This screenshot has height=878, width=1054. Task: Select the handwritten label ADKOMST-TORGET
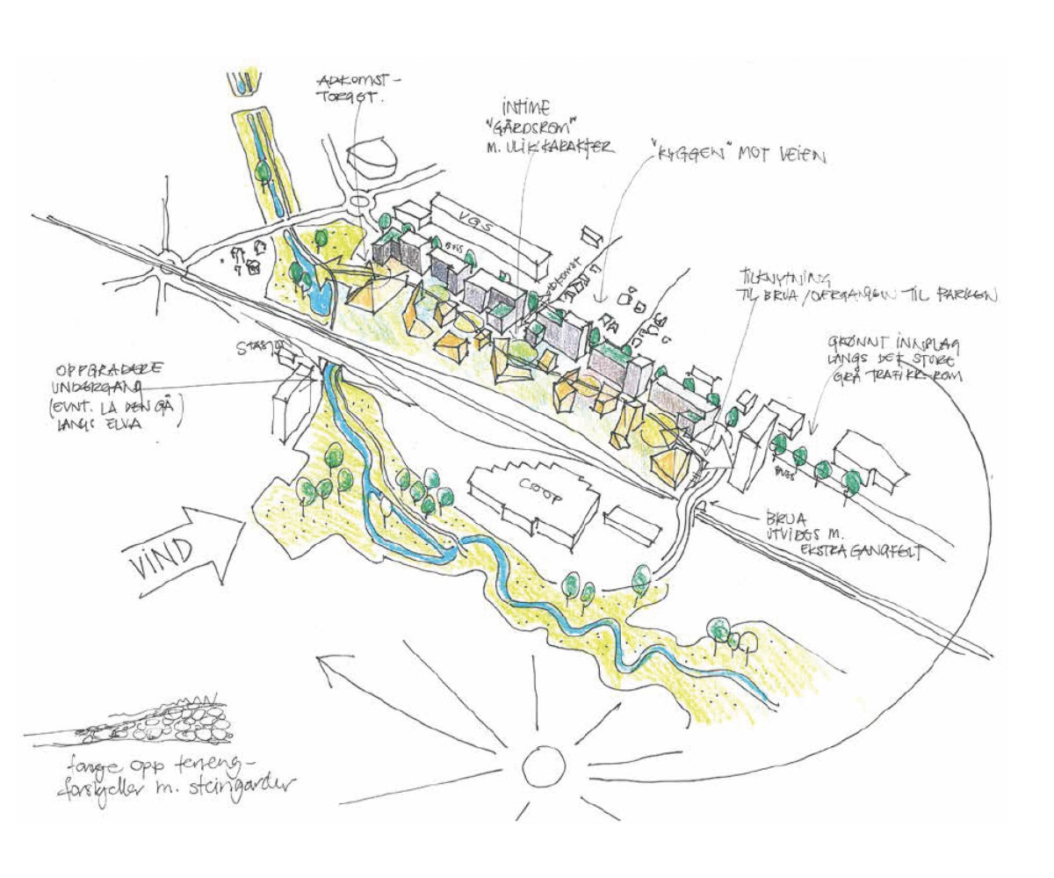click(x=357, y=88)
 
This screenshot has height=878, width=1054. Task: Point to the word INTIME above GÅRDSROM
click(x=525, y=109)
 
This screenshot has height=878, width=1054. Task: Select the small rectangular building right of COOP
click(x=632, y=525)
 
